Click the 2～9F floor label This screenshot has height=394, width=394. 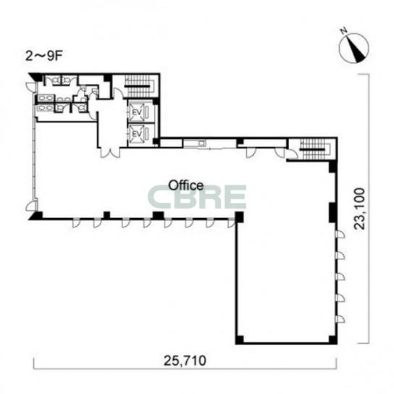43,56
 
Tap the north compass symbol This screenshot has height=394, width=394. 353,47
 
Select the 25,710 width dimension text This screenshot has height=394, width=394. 185,361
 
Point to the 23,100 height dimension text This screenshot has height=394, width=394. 359,209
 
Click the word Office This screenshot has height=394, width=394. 185,185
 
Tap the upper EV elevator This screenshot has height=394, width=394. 137,112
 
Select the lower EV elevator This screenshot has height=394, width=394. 137,134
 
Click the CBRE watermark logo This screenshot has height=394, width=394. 197,197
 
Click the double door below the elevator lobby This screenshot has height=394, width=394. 109,153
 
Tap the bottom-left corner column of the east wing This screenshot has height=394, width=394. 240,340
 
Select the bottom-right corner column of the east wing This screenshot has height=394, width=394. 332,340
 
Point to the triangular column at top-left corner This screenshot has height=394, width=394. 36,76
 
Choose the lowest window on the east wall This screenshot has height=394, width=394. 340,319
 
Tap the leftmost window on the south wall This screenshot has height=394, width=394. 75,223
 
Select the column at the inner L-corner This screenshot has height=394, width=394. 239,217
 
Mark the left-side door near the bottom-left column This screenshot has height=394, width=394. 30,206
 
